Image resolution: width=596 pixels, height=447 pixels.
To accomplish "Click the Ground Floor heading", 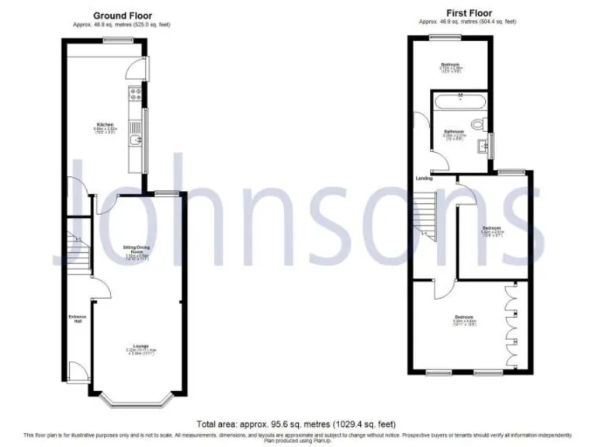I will tap(123, 16).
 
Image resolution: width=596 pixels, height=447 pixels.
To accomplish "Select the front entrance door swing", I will tap(75, 371).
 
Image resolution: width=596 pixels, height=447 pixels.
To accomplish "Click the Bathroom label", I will tap(454, 132).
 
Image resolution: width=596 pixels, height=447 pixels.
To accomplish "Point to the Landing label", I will tap(424, 178).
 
